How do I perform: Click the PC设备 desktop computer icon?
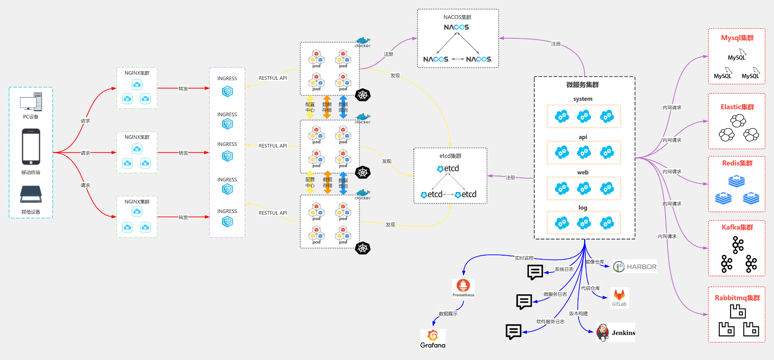pyautogui.click(x=31, y=102)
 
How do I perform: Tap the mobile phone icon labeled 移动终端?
pyautogui.click(x=31, y=147)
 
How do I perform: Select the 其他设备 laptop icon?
pyautogui.click(x=31, y=194)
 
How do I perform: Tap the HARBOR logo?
pyautogui.click(x=635, y=266)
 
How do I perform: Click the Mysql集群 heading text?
pyautogui.click(x=737, y=38)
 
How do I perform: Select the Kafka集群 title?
pyautogui.click(x=737, y=227)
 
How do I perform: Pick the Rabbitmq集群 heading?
pyautogui.click(x=737, y=298)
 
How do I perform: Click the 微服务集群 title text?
pyautogui.click(x=583, y=85)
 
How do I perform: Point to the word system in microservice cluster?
pyautogui.click(x=583, y=99)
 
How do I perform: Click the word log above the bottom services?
pyautogui.click(x=583, y=208)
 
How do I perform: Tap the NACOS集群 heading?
pyautogui.click(x=457, y=17)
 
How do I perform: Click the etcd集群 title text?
pyautogui.click(x=450, y=156)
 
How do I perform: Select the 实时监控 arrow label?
pyautogui.click(x=524, y=258)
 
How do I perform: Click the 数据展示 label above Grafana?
pyautogui.click(x=448, y=314)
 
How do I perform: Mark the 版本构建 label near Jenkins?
pyautogui.click(x=578, y=314)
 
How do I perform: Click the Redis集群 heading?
pyautogui.click(x=737, y=163)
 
